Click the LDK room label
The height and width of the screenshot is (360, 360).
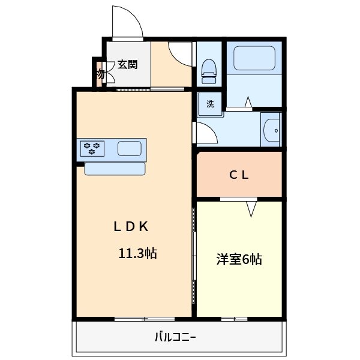pos(131,227)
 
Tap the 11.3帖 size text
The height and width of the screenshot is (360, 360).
pos(137,253)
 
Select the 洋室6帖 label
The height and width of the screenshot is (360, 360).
pos(239,259)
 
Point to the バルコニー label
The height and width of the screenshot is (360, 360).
pos(175,337)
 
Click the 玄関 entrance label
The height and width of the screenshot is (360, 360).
pos(127,65)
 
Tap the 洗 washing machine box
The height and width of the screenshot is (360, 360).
pos(211,103)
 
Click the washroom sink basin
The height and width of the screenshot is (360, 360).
pos(271,129)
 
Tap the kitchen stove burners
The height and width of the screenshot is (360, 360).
pos(92,148)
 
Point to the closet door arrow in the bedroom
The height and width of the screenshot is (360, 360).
pos(251,208)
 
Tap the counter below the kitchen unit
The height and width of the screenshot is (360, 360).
pos(115,169)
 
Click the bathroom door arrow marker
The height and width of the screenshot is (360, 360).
pos(247,102)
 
